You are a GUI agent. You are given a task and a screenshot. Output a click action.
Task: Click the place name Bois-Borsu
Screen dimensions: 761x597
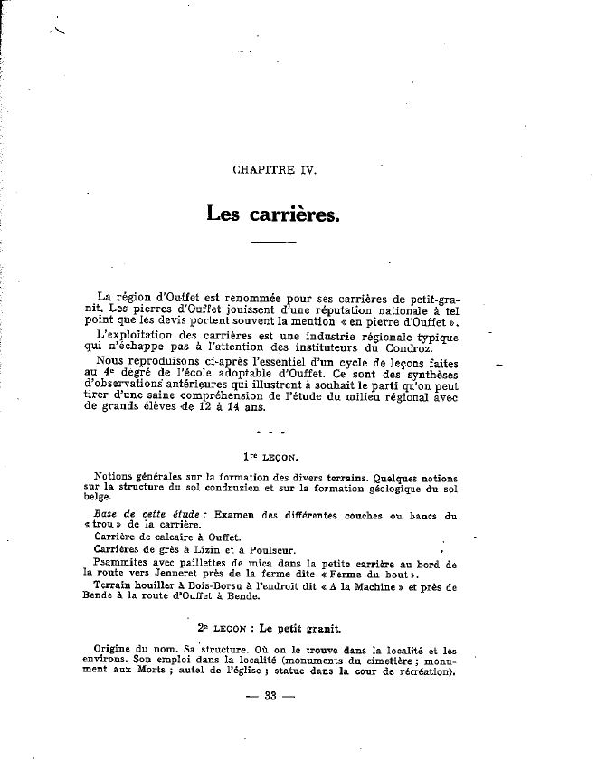(200, 585)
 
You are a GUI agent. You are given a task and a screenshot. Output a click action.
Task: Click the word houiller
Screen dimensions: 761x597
(151, 585)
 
